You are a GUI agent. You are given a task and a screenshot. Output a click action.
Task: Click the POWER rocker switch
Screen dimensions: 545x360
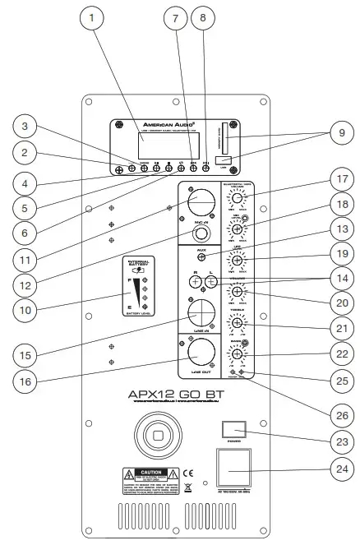[232, 430]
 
